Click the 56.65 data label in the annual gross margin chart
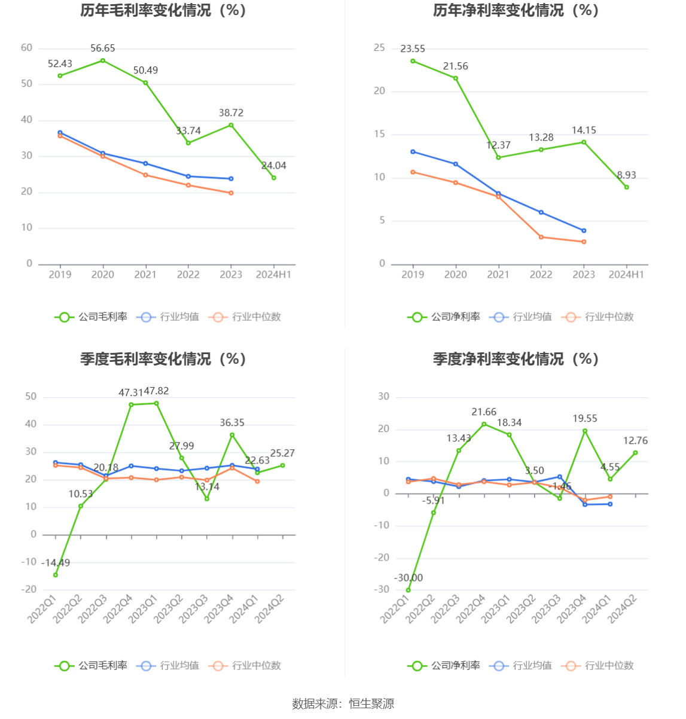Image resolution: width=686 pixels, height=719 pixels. pyautogui.click(x=103, y=48)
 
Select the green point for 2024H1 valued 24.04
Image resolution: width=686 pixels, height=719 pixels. pyautogui.click(x=274, y=178)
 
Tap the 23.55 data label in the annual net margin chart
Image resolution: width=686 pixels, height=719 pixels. pyautogui.click(x=413, y=49)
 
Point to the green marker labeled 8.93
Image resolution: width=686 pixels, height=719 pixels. pyautogui.click(x=627, y=187)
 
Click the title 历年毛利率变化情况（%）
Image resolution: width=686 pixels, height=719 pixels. pyautogui.click(x=163, y=11)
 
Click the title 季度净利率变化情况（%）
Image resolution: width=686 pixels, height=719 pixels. pyautogui.click(x=516, y=359)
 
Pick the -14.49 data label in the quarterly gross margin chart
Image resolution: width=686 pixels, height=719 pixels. pyautogui.click(x=56, y=563)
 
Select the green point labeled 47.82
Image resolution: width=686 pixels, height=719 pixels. pyautogui.click(x=157, y=403)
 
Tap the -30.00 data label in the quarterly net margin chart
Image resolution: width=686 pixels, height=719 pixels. pyautogui.click(x=408, y=578)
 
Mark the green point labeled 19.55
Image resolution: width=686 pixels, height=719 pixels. pyautogui.click(x=585, y=431)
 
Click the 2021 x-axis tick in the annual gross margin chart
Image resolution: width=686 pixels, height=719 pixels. pyautogui.click(x=145, y=275)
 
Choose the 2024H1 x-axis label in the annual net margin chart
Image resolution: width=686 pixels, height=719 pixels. pyautogui.click(x=626, y=275)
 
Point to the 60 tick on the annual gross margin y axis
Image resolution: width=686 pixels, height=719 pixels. pyautogui.click(x=27, y=48)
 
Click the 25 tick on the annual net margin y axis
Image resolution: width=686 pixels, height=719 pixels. pyautogui.click(x=379, y=48)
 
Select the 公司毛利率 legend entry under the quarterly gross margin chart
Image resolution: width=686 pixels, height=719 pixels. pyautogui.click(x=92, y=666)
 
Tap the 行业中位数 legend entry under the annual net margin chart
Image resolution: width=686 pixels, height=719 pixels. pyautogui.click(x=598, y=317)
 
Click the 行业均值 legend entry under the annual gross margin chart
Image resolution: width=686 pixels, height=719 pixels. pyautogui.click(x=168, y=317)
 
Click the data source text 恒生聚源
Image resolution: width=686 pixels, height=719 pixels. pyautogui.click(x=371, y=704)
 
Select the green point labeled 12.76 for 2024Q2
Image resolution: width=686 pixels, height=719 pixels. pyautogui.click(x=635, y=453)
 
